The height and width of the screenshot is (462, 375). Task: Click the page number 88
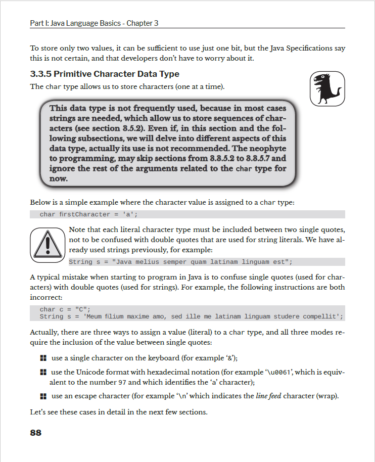[x=36, y=432]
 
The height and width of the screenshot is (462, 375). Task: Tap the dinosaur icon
[x=327, y=88]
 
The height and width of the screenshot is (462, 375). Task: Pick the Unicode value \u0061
[x=275, y=373]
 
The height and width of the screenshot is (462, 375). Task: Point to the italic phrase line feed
[x=268, y=395]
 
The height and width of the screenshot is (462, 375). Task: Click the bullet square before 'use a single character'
[x=43, y=358]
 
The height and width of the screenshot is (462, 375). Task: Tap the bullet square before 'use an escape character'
[x=43, y=396]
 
